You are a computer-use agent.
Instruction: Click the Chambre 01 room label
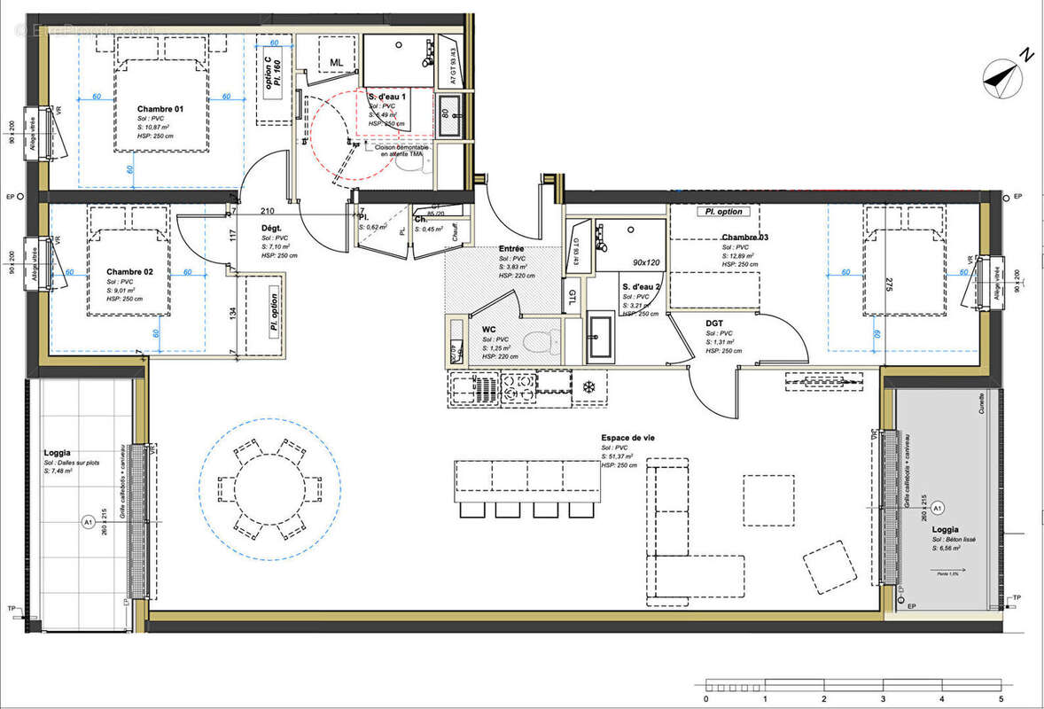tap(160, 109)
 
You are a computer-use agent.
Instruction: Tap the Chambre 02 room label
tap(130, 271)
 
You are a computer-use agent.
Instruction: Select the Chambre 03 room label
tap(744, 238)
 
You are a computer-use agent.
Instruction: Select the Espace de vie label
tap(628, 439)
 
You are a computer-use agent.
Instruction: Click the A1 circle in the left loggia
tap(88, 522)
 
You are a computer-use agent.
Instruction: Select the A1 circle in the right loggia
tap(938, 508)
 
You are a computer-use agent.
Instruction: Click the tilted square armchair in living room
tap(830, 567)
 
